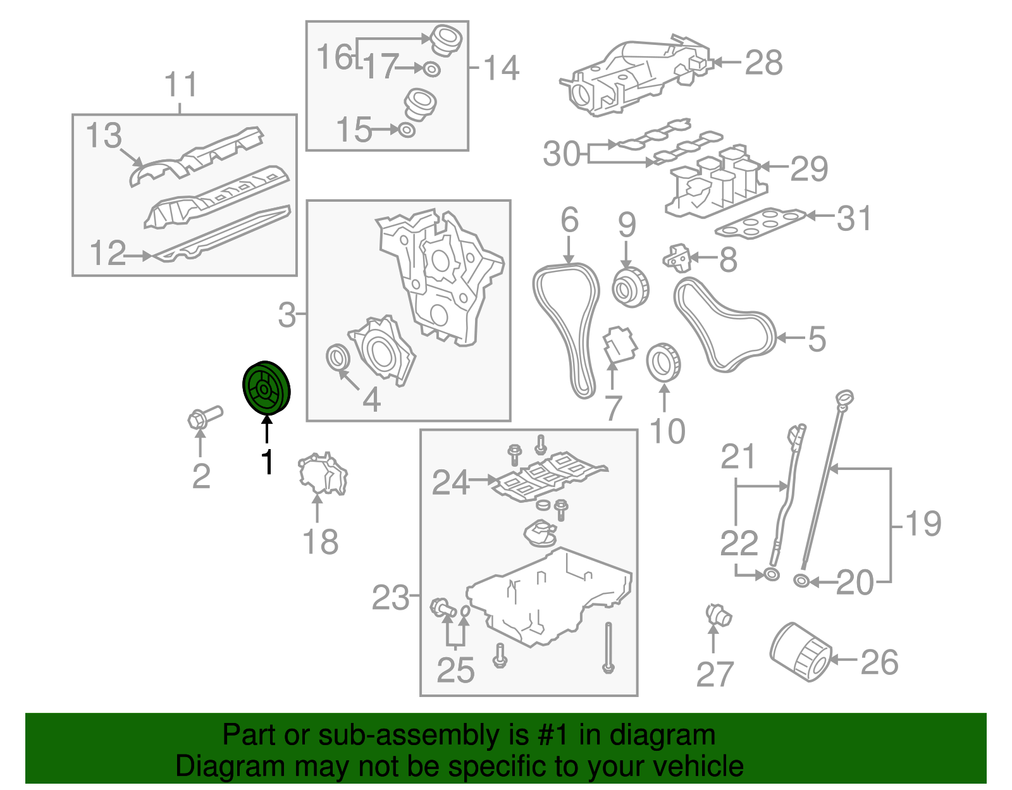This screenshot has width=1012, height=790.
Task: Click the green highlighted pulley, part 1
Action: [266, 387]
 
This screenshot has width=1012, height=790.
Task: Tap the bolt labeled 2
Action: [205, 417]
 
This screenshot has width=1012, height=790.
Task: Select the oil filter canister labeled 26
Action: [800, 651]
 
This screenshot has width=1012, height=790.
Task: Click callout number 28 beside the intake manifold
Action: [764, 62]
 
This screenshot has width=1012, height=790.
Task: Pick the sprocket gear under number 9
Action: [631, 287]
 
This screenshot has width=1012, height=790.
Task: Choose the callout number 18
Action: [321, 541]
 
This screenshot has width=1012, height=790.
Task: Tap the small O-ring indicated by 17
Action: [432, 69]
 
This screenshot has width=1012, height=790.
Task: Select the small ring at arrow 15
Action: [407, 130]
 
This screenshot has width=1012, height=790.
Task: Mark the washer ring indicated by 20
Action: [801, 581]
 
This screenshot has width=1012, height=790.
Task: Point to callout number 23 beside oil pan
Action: [390, 597]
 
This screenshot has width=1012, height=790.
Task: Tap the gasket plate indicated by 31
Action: [760, 223]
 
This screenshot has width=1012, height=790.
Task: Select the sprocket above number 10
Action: [663, 362]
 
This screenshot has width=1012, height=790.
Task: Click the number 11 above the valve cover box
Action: [181, 84]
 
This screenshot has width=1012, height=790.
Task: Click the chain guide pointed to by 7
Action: [619, 344]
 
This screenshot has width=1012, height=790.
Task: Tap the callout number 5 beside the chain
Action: [817, 338]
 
